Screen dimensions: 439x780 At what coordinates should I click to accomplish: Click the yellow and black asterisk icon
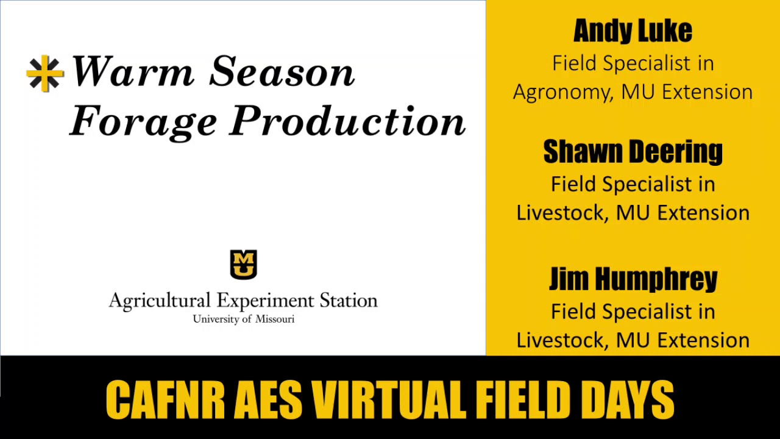coord(45,74)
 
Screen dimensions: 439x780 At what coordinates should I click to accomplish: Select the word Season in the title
coord(282,72)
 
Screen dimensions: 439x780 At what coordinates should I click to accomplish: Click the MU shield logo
coord(243,264)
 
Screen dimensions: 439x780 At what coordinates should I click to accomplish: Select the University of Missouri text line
coord(243,319)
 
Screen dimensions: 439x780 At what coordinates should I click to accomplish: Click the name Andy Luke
coord(633,30)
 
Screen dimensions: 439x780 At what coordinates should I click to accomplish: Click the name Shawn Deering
coord(633,152)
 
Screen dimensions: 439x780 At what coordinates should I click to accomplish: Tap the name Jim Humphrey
coord(633,279)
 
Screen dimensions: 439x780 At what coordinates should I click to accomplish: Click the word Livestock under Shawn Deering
coord(563,213)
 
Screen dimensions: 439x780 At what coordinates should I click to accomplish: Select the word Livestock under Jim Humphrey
coord(563,340)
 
